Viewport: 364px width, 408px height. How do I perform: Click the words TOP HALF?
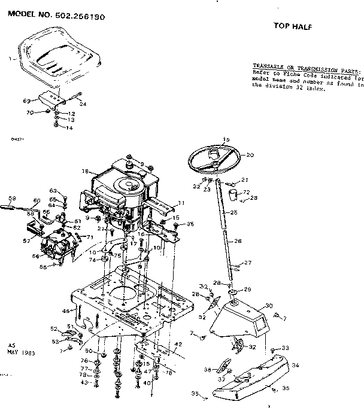point(293,26)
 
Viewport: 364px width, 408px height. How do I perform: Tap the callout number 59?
point(12,199)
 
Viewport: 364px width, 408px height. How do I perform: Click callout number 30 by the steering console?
point(269,305)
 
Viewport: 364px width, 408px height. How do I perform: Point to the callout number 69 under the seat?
point(27,101)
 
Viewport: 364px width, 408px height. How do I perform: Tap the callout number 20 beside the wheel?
point(250,155)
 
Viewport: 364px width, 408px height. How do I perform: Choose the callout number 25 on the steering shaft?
point(234,212)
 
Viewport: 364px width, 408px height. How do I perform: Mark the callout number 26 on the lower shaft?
point(238,241)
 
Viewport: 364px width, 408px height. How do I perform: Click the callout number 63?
point(53,190)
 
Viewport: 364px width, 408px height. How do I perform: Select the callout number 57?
point(26,242)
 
